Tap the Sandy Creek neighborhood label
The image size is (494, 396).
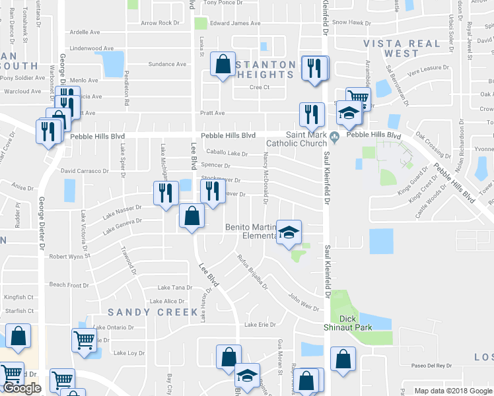tap(153, 312)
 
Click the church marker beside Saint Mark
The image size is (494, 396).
tap(335, 137)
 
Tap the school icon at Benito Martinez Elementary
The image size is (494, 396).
tap(289, 232)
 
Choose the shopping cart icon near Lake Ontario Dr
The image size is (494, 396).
tap(85, 340)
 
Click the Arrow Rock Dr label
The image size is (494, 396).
tap(160, 23)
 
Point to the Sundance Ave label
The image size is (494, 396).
tap(167, 64)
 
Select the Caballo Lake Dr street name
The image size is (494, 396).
tap(227, 153)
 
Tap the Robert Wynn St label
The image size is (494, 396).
tap(69, 256)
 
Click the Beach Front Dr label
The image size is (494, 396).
tap(69, 285)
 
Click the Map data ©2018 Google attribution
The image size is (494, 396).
tap(452, 391)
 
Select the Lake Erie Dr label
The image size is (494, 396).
tap(260, 325)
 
